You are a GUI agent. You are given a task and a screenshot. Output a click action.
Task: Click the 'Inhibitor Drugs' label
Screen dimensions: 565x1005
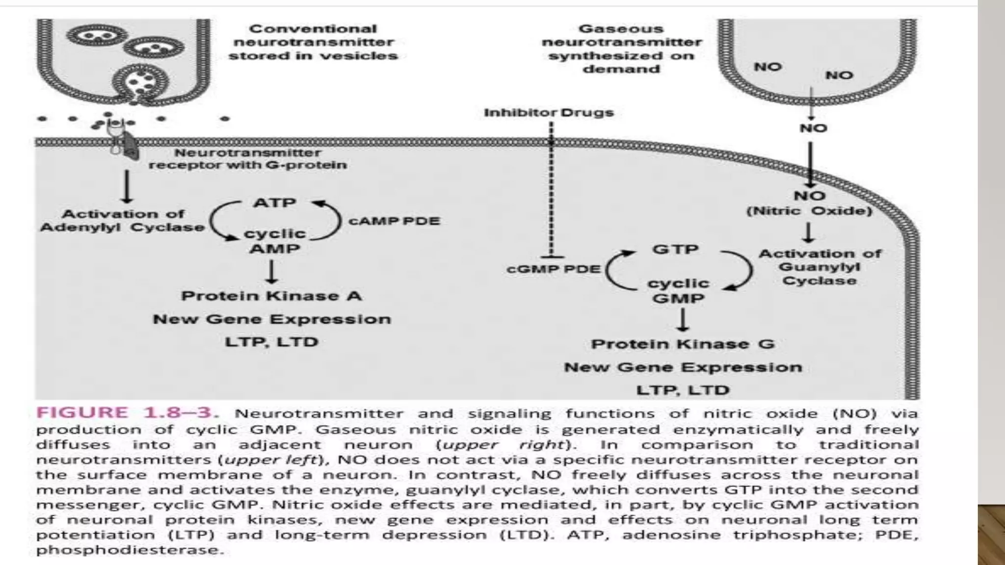(549, 113)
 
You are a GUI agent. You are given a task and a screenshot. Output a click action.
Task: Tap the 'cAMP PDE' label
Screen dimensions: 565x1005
(394, 221)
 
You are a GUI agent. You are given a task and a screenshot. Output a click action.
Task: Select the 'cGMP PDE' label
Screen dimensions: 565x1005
(553, 269)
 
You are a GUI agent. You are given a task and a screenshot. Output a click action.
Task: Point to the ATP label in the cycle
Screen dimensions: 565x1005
(274, 203)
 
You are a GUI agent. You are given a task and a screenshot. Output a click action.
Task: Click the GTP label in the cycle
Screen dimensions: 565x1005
(675, 249)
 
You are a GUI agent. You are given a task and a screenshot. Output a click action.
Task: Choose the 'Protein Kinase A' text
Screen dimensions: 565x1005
(271, 296)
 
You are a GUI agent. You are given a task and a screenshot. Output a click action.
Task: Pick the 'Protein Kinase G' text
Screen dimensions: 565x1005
(683, 344)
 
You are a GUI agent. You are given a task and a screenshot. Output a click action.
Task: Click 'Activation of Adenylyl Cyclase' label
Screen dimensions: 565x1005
(122, 221)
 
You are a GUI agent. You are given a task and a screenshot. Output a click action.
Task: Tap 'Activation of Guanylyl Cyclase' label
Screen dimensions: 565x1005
(820, 267)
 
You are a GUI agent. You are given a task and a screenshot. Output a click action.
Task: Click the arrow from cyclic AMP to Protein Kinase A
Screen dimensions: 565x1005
(271, 272)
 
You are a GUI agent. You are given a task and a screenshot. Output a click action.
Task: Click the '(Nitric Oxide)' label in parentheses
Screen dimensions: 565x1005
(809, 211)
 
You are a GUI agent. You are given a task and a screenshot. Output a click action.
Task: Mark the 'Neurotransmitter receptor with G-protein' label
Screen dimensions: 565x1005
(248, 159)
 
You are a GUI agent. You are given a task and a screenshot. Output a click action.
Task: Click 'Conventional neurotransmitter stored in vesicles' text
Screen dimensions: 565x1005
(313, 42)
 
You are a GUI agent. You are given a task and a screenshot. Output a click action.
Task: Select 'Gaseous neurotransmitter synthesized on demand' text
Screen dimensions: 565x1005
(621, 49)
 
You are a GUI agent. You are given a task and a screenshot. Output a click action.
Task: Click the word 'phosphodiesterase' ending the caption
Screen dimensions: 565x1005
(130, 550)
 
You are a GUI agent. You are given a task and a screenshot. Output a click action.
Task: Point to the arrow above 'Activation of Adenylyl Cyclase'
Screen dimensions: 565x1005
(127, 186)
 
